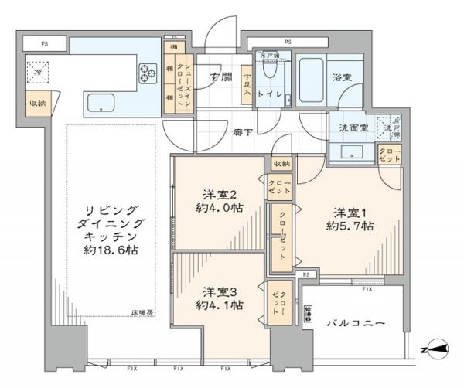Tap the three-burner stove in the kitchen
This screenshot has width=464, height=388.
pos(148,73)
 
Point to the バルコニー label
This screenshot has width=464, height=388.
pos(355,321)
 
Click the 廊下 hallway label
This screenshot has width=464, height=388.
pos(241,132)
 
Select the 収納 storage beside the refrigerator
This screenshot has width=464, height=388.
pos(37,104)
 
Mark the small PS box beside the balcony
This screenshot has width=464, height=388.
pos(307,274)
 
